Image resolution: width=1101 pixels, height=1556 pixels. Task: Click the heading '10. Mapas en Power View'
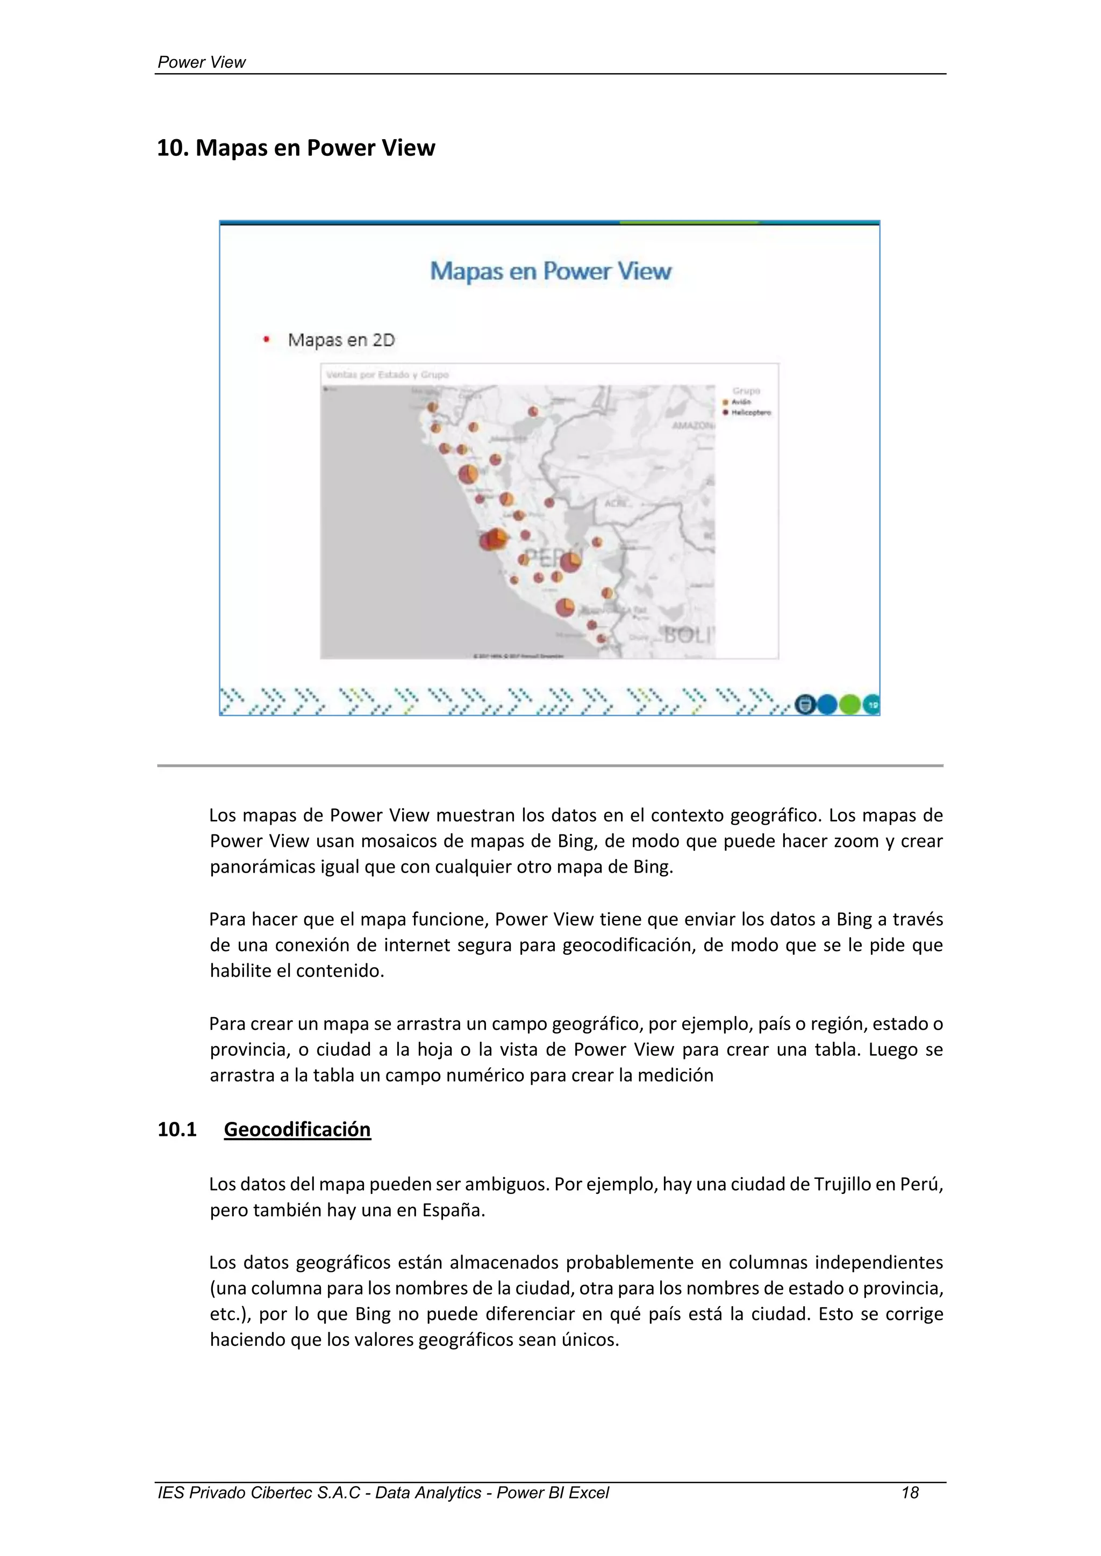[296, 148]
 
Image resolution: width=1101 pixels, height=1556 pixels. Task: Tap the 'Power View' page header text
[202, 62]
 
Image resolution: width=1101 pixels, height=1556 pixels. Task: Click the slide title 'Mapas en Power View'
[550, 271]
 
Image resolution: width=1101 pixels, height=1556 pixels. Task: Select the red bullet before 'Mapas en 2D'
[267, 340]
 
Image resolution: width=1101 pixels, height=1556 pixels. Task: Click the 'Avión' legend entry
[740, 402]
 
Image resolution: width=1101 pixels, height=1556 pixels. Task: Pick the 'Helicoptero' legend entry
[750, 412]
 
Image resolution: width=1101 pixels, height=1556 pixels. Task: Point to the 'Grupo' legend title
[746, 391]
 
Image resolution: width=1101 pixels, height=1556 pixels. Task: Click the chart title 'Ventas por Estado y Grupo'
[387, 375]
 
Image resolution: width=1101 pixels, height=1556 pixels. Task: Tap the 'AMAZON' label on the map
[692, 426]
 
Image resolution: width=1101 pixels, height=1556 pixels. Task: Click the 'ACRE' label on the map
[616, 503]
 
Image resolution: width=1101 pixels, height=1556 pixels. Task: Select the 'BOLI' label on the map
[688, 635]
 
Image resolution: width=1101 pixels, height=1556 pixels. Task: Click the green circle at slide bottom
[849, 705]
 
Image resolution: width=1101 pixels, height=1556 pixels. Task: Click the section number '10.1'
[177, 1129]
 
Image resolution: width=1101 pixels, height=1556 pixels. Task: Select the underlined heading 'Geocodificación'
[297, 1129]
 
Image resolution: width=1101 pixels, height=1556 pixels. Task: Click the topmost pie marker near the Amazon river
[533, 412]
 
